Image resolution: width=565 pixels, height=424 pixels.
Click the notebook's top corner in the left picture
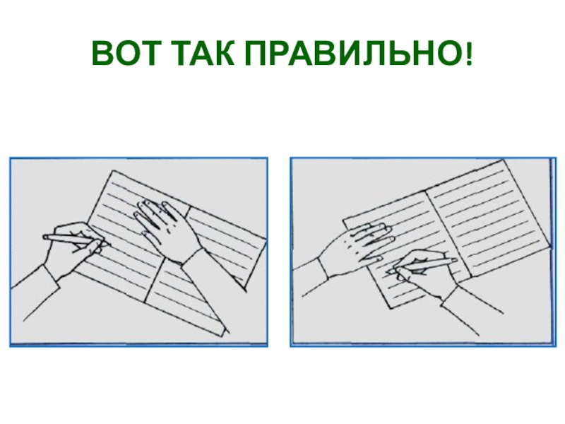pos(114,170)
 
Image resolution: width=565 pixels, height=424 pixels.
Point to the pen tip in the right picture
pos(388,271)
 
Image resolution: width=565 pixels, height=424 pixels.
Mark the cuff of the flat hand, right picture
pos(321,268)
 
